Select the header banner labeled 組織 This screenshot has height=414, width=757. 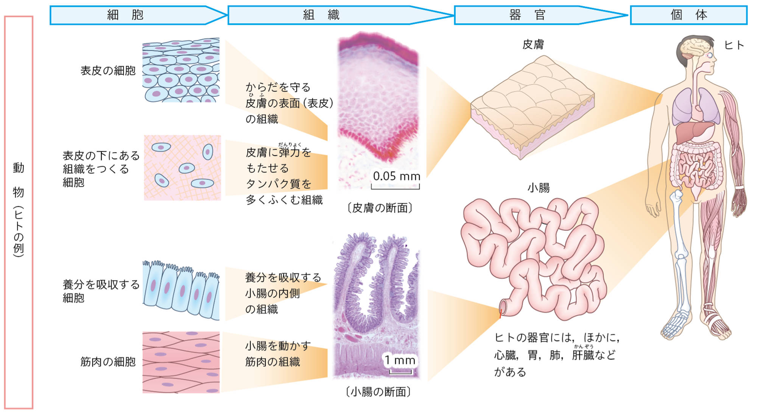(x=321, y=15)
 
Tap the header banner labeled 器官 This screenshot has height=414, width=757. (x=527, y=15)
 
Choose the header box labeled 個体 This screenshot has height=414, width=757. (x=688, y=15)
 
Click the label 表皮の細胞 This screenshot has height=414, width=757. (x=108, y=71)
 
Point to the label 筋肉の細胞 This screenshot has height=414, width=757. (x=108, y=362)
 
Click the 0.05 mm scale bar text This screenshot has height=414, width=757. (x=396, y=176)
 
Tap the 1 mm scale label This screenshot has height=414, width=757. (x=400, y=360)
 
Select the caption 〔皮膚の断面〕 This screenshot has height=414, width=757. (x=380, y=208)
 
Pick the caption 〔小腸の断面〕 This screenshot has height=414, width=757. (x=378, y=392)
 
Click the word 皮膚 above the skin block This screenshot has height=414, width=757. (x=533, y=45)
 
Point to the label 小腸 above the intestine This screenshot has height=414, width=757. (x=538, y=188)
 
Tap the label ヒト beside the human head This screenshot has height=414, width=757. (x=734, y=45)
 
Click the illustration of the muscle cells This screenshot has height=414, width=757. (x=181, y=362)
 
